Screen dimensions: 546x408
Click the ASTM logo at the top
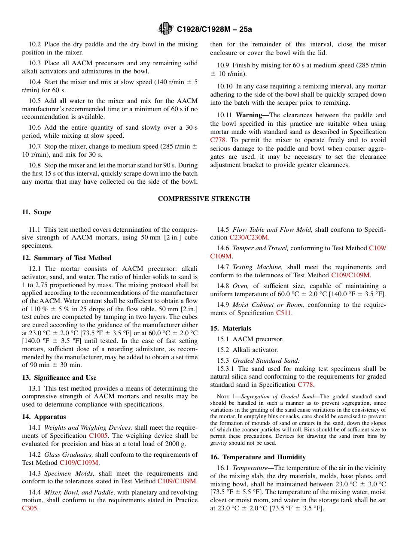[165, 29]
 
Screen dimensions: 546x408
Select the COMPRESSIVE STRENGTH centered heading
[204, 199]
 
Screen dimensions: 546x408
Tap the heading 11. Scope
[37, 212]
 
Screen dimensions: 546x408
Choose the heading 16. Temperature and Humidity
[258, 457]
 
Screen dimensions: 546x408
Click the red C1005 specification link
[98, 436]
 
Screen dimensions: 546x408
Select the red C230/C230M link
[249, 237]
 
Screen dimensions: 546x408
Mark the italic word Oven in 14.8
[240, 286]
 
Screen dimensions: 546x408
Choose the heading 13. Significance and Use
[59, 378]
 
